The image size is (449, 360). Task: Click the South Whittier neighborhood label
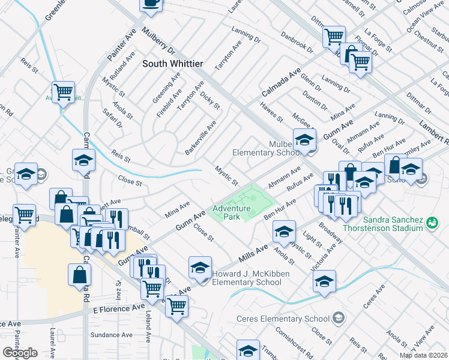173,63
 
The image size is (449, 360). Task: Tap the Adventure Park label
231,213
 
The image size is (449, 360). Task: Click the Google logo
20,353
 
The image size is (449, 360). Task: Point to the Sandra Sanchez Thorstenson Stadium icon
431,223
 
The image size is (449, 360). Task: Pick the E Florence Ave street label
119,309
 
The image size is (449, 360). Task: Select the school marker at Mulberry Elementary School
304,140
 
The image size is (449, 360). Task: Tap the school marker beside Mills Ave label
284,230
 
